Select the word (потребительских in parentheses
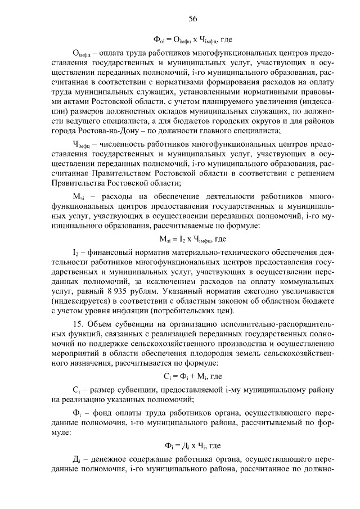tap(203, 311)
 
